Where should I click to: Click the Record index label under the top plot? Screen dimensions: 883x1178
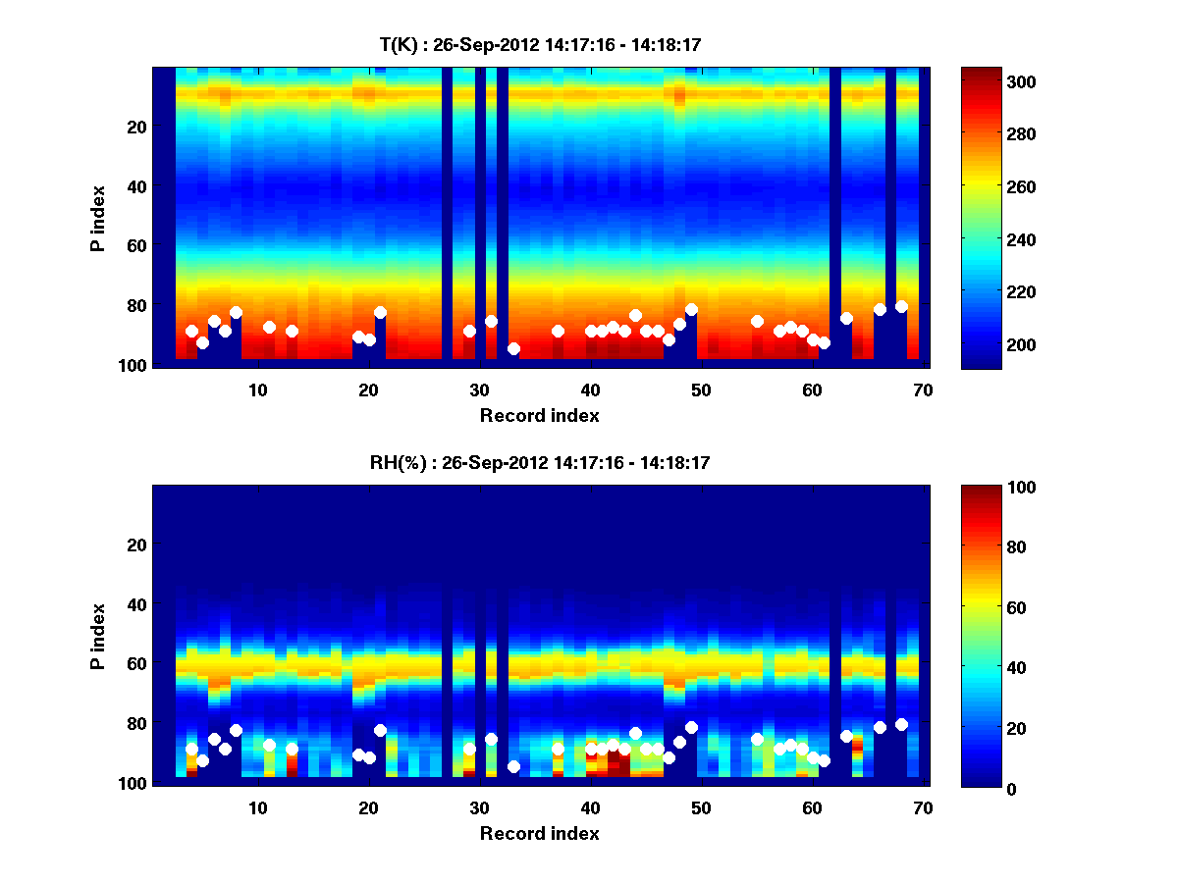click(x=539, y=415)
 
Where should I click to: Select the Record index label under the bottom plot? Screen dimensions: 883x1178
click(x=539, y=833)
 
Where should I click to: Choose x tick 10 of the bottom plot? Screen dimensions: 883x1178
click(x=257, y=807)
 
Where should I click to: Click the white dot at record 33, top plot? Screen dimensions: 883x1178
click(x=513, y=348)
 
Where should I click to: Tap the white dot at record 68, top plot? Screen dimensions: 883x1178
click(x=901, y=306)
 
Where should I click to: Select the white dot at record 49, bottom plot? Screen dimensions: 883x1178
click(x=691, y=727)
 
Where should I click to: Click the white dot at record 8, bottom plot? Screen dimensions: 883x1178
click(x=236, y=730)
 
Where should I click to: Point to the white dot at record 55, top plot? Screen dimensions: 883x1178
click(x=757, y=321)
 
